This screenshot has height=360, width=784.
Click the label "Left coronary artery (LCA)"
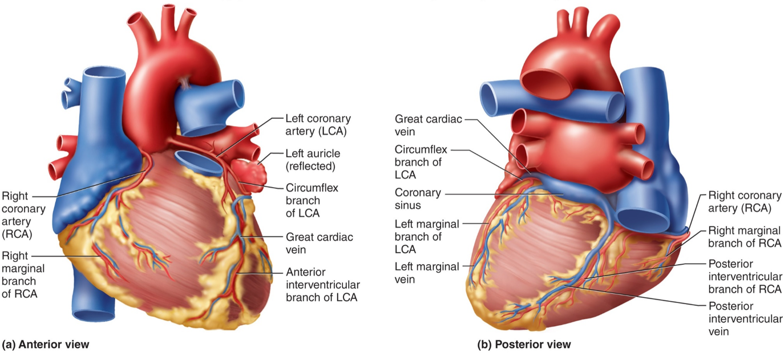point(318,125)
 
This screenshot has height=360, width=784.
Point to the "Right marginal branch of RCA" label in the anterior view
point(23,274)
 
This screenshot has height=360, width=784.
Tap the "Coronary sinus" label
point(418,199)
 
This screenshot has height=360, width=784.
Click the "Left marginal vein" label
point(426,272)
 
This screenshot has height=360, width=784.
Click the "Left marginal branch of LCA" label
point(427,237)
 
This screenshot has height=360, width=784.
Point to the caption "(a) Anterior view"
point(46,345)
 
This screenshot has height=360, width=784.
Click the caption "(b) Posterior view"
point(524,345)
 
